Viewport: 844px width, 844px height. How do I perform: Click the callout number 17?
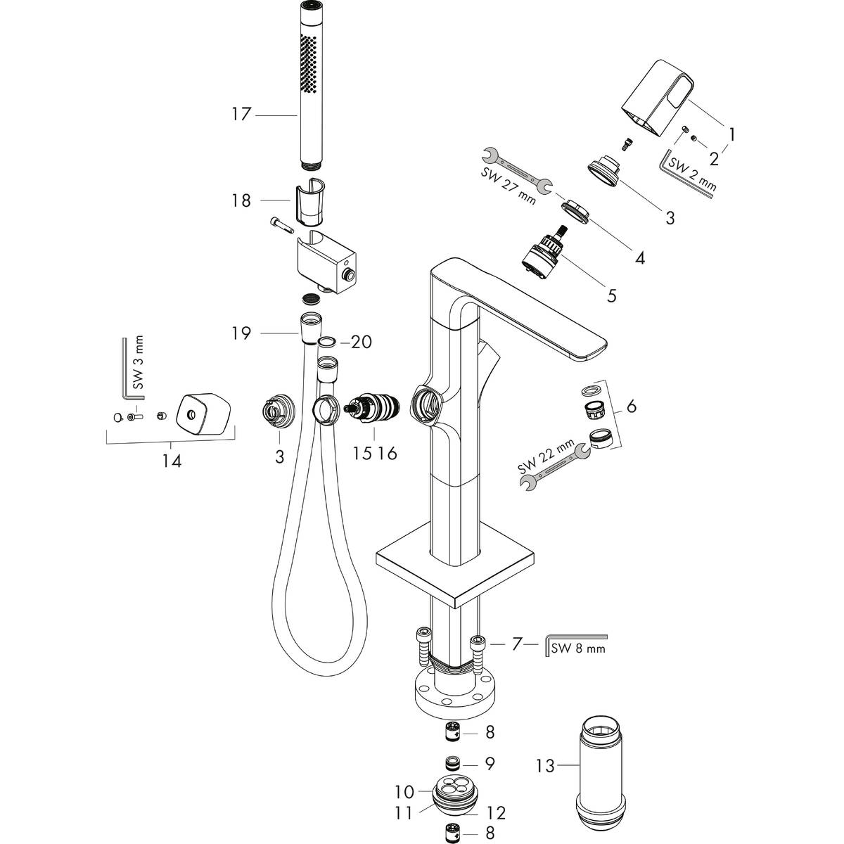(x=241, y=114)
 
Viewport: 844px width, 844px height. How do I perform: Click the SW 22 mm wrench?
(x=556, y=466)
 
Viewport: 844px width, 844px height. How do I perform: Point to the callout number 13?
(x=546, y=765)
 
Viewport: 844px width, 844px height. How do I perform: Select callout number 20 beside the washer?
(x=361, y=343)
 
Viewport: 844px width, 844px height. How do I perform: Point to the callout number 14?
(x=172, y=461)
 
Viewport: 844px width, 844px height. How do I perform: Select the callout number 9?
(x=490, y=762)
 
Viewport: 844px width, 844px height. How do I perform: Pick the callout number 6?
(x=630, y=406)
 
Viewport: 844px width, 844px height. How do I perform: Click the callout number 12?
(x=496, y=812)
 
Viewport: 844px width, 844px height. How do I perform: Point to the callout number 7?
(x=517, y=644)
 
